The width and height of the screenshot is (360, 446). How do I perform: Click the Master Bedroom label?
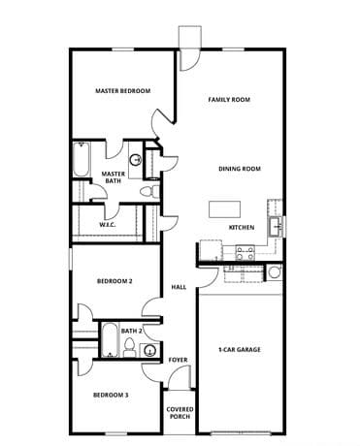click(x=122, y=91)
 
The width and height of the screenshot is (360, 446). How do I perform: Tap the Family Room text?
click(x=230, y=99)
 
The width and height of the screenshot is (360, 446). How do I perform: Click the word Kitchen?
click(x=242, y=228)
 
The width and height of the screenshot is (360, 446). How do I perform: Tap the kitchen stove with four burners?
click(x=245, y=252)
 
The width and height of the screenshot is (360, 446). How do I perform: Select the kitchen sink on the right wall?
click(x=276, y=227)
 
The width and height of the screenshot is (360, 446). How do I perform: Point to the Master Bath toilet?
click(x=147, y=193)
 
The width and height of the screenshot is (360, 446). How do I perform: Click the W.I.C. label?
click(x=108, y=225)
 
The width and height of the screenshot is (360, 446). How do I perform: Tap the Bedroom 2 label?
click(x=114, y=281)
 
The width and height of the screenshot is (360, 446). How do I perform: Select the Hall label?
click(x=179, y=287)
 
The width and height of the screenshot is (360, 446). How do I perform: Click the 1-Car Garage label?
click(x=240, y=349)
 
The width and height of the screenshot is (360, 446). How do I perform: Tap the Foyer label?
click(x=178, y=360)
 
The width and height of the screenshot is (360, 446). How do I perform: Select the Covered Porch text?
click(x=180, y=413)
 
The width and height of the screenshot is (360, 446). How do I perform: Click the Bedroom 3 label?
click(x=112, y=395)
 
